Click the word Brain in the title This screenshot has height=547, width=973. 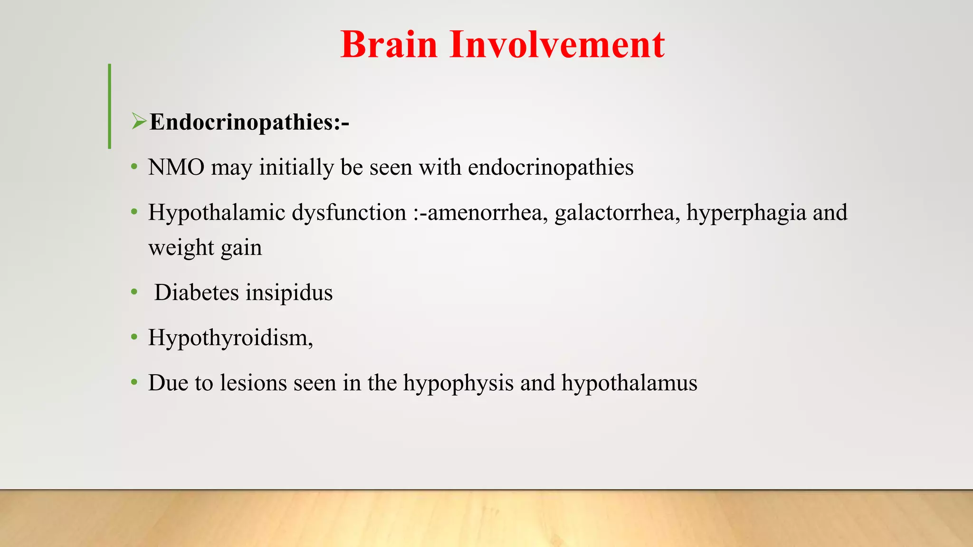click(x=389, y=45)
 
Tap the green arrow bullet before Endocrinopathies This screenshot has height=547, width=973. click(x=139, y=122)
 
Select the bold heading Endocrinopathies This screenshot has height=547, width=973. click(x=249, y=123)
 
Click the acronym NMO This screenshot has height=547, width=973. click(x=176, y=168)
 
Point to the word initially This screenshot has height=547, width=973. click(x=296, y=168)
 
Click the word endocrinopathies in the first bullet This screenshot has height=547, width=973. click(x=551, y=168)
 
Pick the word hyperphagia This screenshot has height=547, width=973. click(x=746, y=213)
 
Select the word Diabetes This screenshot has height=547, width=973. click(x=197, y=292)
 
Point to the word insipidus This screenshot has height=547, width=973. click(x=289, y=292)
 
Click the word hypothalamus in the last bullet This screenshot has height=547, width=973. click(x=629, y=383)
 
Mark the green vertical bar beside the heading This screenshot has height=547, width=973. click(x=110, y=106)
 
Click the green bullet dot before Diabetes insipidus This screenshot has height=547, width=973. click(x=134, y=292)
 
